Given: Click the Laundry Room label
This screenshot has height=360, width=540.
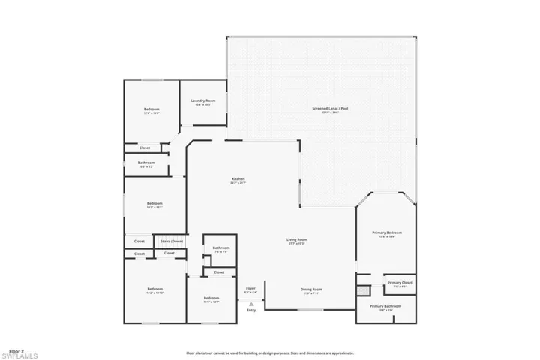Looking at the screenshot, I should click(x=203, y=100).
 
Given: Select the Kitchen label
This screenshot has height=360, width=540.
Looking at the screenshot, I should click(x=238, y=179).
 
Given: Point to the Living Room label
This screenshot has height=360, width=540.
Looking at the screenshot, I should click(x=297, y=240).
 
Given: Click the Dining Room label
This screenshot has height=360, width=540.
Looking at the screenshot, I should click(x=312, y=289).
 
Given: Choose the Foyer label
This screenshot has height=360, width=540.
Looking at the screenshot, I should click(x=250, y=288).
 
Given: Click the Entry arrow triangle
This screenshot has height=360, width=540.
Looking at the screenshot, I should click(x=251, y=304).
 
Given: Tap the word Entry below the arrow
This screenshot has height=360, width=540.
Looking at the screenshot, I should click(x=251, y=310).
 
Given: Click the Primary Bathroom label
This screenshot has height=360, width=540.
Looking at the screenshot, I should click(x=385, y=307).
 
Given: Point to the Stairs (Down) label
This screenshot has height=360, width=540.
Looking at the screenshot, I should click(x=172, y=241).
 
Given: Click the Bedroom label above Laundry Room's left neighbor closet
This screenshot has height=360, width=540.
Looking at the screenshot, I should click(x=152, y=109).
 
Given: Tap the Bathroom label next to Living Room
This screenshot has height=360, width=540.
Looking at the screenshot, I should click(x=220, y=248).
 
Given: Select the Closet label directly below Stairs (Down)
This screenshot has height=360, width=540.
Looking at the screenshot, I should click(x=169, y=253).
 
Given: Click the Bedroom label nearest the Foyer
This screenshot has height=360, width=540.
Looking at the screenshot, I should click(x=211, y=298).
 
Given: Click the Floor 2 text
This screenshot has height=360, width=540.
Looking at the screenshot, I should click(x=16, y=350).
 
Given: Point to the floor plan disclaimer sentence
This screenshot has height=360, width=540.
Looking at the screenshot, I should click(x=270, y=352).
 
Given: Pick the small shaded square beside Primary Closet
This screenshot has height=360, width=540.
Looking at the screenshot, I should click(x=363, y=289).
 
